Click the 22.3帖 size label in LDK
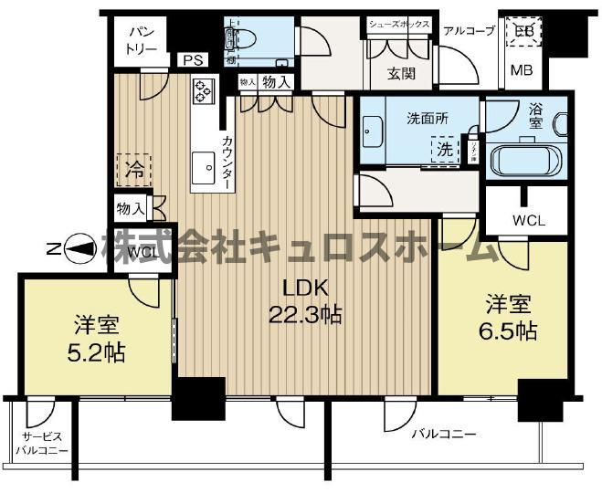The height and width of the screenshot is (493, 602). [x=305, y=315]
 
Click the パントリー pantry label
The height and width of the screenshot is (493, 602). [x=140, y=39]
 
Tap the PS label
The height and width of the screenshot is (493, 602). [x=191, y=60]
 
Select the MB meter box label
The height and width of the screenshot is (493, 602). [x=523, y=71]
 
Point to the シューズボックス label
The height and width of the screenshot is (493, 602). [x=398, y=26]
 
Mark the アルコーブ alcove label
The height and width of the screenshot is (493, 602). [x=469, y=30]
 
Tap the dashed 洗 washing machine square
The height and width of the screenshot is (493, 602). [x=445, y=149]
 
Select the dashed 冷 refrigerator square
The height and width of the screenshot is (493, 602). [x=134, y=169]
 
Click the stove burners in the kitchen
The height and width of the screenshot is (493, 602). [x=203, y=89]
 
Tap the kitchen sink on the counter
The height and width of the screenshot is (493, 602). [x=201, y=169]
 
